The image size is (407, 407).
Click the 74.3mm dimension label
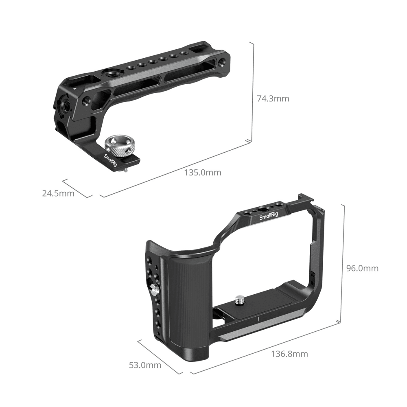(273, 98)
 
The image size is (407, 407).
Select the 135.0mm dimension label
(202, 172)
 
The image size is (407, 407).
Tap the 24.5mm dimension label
(58, 193)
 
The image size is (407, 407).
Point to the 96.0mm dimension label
(362, 268)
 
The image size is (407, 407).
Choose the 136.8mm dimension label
(289, 354)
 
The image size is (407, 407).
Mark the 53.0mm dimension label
(145, 365)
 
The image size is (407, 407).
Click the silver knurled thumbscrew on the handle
(118, 146)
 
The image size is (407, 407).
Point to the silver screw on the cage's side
(155, 290)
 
